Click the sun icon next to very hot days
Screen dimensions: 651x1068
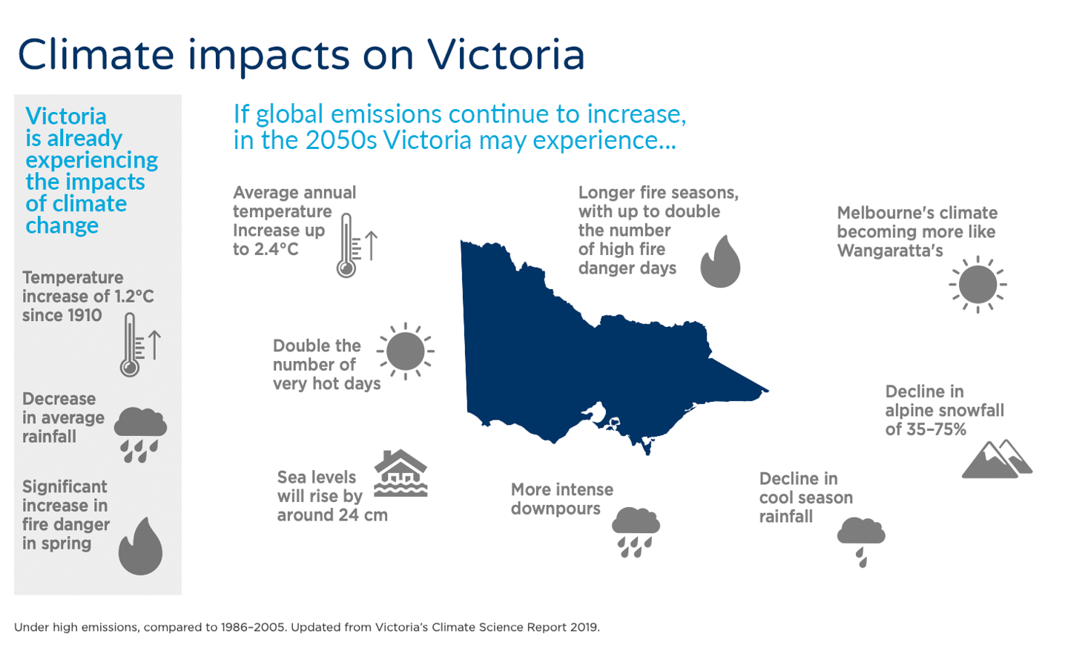click(x=406, y=351)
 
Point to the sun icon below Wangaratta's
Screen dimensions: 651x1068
click(x=978, y=285)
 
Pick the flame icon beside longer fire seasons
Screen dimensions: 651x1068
click(x=720, y=262)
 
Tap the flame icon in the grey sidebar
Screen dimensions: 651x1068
click(x=140, y=546)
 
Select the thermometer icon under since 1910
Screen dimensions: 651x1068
click(x=131, y=345)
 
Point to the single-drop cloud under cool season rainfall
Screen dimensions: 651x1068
click(x=861, y=541)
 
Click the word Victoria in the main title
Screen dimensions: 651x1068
click(x=506, y=55)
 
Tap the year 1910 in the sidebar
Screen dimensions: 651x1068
click(x=84, y=316)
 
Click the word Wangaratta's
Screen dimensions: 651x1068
click(x=890, y=251)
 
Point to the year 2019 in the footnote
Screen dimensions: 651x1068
click(x=584, y=627)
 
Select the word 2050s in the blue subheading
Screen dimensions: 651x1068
click(x=341, y=140)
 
